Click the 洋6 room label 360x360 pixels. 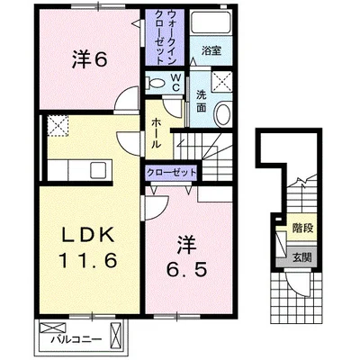tap(89, 61)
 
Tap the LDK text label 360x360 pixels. tap(88, 235)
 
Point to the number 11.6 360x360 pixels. tap(88, 260)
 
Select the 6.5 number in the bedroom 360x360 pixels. tap(187, 270)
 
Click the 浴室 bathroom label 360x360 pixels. tap(211, 50)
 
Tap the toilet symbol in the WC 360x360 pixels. tap(155, 83)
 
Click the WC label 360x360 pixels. tap(175, 83)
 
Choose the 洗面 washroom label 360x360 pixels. tap(202, 101)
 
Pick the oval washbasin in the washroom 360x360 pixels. tap(222, 114)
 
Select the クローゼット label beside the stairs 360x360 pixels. tap(171, 173)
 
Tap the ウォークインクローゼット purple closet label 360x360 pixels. tap(166, 37)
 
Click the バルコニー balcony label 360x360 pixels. tap(76, 340)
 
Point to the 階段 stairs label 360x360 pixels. tap(303, 229)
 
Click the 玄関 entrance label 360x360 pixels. tap(302, 257)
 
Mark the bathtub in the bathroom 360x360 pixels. tap(211, 22)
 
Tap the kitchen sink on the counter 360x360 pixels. tap(98, 171)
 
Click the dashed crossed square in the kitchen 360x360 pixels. tap(58, 126)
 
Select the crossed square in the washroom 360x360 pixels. tap(221, 82)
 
